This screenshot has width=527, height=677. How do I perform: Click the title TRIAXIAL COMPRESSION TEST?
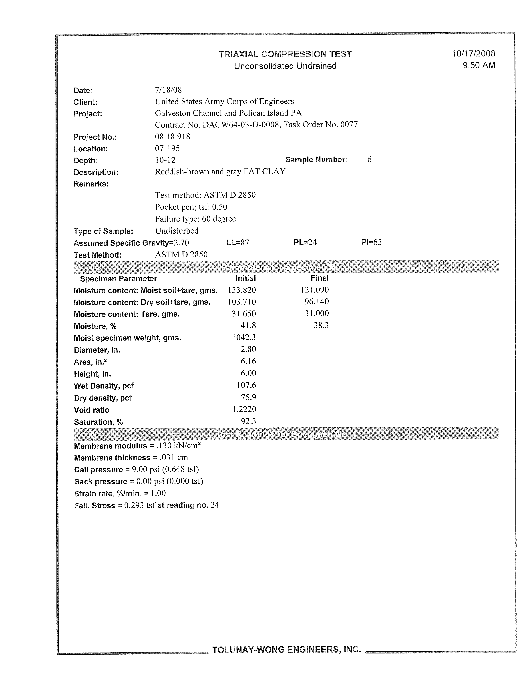coord(285,54)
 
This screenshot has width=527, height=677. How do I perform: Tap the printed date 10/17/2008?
coord(473,54)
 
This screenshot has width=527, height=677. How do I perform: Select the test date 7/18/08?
coord(168,90)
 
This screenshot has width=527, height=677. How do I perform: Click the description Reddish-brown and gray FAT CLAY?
coord(220,171)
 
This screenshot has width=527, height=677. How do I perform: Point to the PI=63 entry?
coord(371,242)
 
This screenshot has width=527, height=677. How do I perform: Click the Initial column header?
coord(245,278)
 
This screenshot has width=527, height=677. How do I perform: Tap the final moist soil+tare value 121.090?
coord(314,290)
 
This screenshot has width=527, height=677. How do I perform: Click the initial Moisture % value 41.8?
coord(248,325)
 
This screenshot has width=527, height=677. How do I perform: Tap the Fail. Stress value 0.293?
coord(134,505)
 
